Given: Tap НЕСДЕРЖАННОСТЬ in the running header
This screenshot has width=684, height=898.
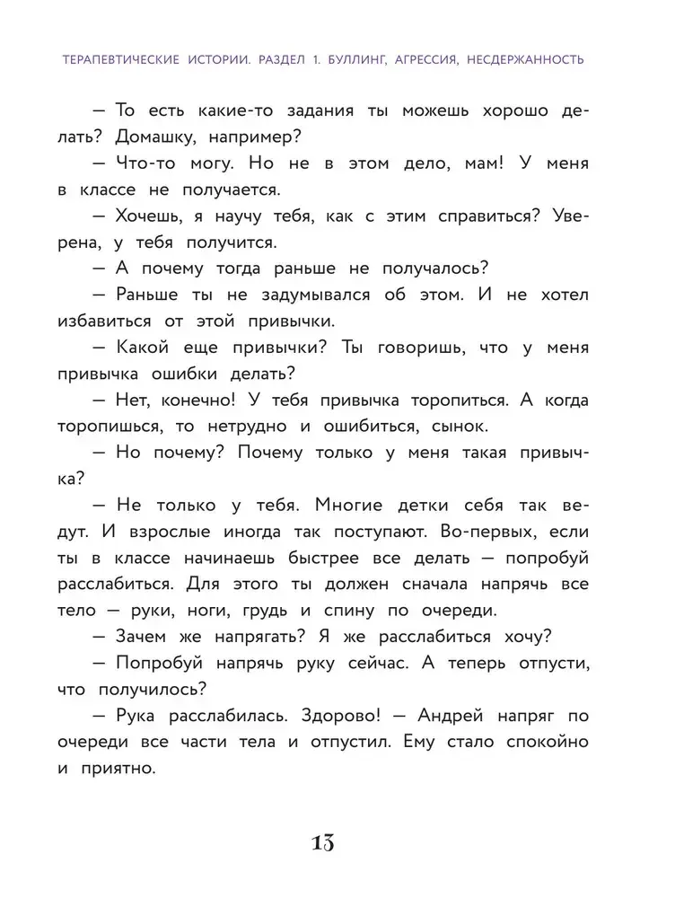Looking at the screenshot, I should click(516, 60).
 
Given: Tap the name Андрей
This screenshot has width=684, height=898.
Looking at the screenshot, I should click(450, 716).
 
